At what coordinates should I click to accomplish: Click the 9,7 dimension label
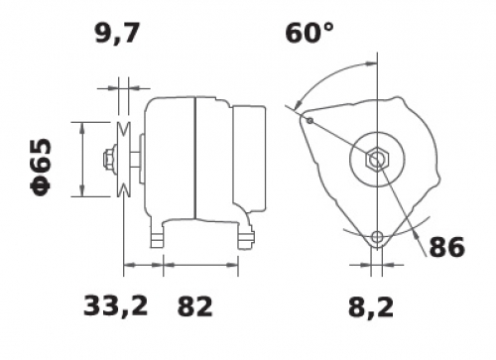116,34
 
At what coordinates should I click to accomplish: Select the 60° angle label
310,33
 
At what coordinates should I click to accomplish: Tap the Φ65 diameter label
42,167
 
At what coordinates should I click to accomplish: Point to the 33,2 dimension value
115,305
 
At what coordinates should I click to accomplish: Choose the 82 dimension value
194,305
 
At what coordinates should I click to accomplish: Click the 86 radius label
446,247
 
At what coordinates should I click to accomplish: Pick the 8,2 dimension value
371,306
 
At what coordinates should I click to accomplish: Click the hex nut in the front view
377,160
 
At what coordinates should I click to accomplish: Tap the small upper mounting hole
310,121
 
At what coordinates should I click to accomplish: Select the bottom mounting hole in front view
377,237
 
